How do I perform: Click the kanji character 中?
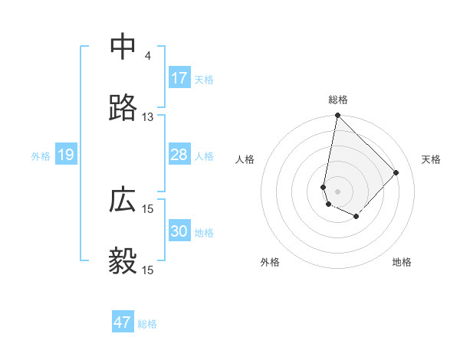coord(123,47)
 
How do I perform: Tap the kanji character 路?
coord(123,109)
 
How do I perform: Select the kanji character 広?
coord(123,201)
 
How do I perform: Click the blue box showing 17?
coord(179,78)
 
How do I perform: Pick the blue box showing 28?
coord(179,155)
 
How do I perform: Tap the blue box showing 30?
coord(179,232)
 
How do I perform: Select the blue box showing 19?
coord(66,155)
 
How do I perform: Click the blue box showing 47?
coord(123,322)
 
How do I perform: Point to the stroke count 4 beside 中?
coord(147,56)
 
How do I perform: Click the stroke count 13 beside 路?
coord(147,117)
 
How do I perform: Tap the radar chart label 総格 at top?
coord(338,100)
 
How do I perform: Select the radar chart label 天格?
coord(431,159)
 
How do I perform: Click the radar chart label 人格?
coord(245,159)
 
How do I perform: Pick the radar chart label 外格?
coord(270,262)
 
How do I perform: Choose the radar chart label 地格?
coord(402,262)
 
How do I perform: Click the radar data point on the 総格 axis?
coord(337,116)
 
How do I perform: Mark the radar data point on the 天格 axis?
coord(396,172)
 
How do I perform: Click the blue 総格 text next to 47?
coord(147,324)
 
